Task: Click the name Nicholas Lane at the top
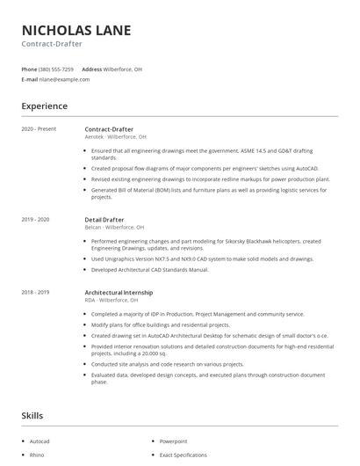pos(76,30)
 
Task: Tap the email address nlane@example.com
pos(65,79)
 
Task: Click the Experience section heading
pos(44,106)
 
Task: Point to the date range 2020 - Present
pos(39,129)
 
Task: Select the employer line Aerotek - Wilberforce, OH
pos(115,137)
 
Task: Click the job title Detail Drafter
pos(104,219)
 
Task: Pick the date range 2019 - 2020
pos(35,219)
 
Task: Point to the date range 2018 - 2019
pos(35,292)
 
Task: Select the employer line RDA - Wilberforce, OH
pos(112,300)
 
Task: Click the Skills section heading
pos(32,414)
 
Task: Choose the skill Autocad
pos(40,441)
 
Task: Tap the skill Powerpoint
pos(173,441)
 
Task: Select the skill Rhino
pos(37,455)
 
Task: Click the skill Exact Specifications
pos(184,455)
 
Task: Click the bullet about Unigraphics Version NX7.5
pos(202,259)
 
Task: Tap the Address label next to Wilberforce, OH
pos(91,69)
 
